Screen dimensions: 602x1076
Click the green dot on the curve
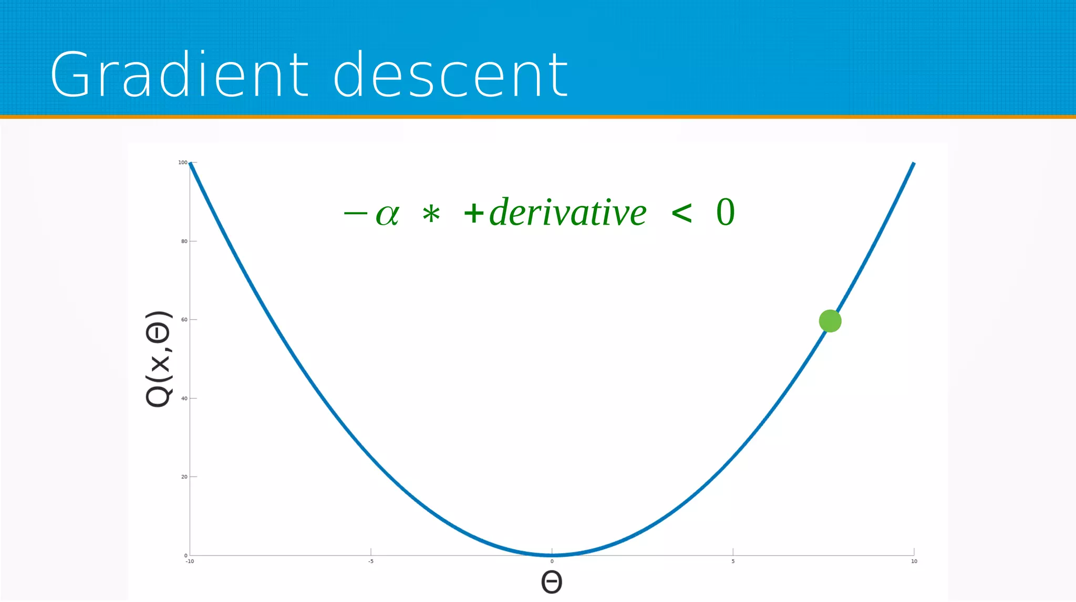[x=830, y=321]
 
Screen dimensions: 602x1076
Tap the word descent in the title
[x=450, y=75]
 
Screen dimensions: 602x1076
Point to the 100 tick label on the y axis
[x=182, y=163]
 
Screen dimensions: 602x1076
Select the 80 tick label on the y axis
[x=184, y=241]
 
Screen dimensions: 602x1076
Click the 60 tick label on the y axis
[x=184, y=320]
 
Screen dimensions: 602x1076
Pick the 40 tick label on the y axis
[x=184, y=398]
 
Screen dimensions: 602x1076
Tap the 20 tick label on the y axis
[x=184, y=477]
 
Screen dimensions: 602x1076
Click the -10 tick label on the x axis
[x=190, y=562]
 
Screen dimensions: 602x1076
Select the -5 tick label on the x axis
[x=371, y=562]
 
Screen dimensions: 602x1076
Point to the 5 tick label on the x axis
[x=733, y=562]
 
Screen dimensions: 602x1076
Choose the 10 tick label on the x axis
[x=914, y=562]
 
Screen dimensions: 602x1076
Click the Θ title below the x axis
[x=552, y=583]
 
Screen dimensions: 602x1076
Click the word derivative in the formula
[x=568, y=213]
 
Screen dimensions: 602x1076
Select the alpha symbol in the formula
[x=388, y=214]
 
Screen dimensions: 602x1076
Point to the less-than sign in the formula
[x=682, y=213]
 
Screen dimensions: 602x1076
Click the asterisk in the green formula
[x=431, y=214]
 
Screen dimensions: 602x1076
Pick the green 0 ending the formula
[x=726, y=213]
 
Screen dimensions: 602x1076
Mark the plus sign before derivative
[x=473, y=213]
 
